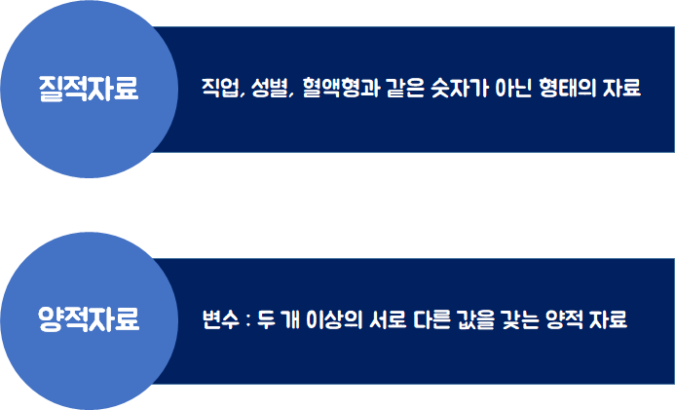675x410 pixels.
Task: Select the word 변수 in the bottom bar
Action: click(217, 319)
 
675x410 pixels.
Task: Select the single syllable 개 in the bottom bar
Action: click(290, 319)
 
